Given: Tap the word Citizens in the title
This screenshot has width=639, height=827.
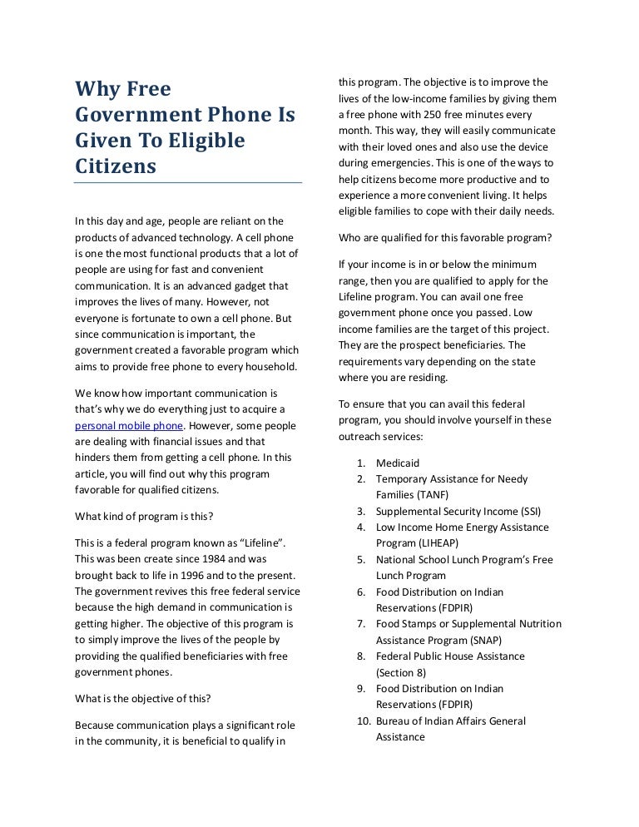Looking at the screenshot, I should tap(116, 166).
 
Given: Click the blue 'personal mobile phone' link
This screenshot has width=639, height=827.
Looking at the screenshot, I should tap(128, 425).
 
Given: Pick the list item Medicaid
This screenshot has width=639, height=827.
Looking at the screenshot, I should tap(398, 463).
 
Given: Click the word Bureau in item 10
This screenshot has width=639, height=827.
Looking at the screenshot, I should tap(394, 721).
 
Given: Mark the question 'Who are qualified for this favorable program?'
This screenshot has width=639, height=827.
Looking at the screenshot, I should tap(445, 237).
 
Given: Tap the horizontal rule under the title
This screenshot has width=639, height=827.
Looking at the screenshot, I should tap(188, 182).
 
